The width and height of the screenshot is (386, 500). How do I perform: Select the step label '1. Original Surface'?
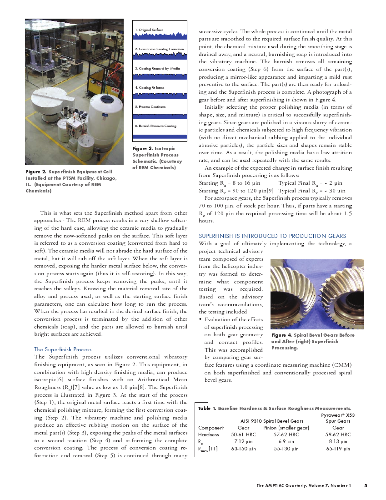(148, 30)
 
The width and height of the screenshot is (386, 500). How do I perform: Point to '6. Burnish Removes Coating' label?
(155, 126)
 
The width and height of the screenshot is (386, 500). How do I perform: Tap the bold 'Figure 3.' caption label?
(142, 149)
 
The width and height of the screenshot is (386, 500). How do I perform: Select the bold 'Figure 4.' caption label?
(282, 335)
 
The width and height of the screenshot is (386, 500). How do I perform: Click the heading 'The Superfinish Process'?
(63, 349)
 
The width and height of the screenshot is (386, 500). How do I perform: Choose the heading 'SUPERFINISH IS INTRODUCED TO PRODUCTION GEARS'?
(272, 236)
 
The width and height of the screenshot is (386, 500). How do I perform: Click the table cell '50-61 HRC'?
(243, 434)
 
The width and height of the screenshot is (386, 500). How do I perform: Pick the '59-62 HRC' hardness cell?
(338, 434)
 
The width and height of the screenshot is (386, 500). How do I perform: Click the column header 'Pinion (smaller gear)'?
(286, 428)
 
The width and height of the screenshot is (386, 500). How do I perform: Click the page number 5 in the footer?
(366, 485)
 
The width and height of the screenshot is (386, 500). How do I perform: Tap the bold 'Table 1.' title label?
(207, 409)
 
